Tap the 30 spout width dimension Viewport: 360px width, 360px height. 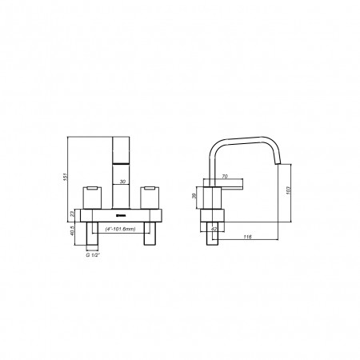click(122, 182)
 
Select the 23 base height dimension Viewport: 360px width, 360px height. click(72, 214)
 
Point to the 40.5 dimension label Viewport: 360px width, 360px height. click(72, 231)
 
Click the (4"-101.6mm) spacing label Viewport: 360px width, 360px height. click(120, 229)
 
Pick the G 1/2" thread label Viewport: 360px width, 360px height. click(92, 255)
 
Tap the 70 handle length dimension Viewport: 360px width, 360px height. click(225, 176)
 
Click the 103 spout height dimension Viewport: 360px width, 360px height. click(288, 190)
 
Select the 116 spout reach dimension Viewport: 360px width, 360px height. click(248, 237)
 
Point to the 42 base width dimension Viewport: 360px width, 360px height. click(214, 229)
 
